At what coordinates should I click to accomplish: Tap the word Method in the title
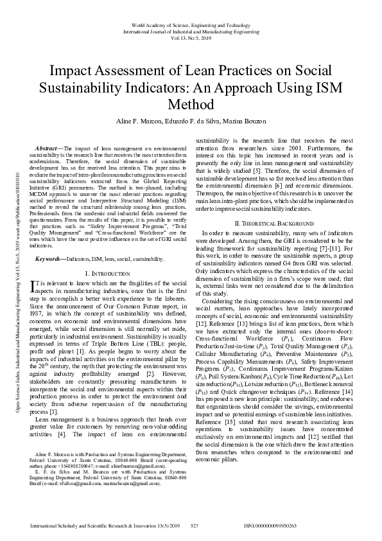[x=191, y=104]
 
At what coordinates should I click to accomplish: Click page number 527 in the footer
[x=194, y=526]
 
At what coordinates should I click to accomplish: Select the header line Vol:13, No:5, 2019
[x=191, y=37]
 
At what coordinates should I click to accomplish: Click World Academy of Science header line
[x=191, y=24]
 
